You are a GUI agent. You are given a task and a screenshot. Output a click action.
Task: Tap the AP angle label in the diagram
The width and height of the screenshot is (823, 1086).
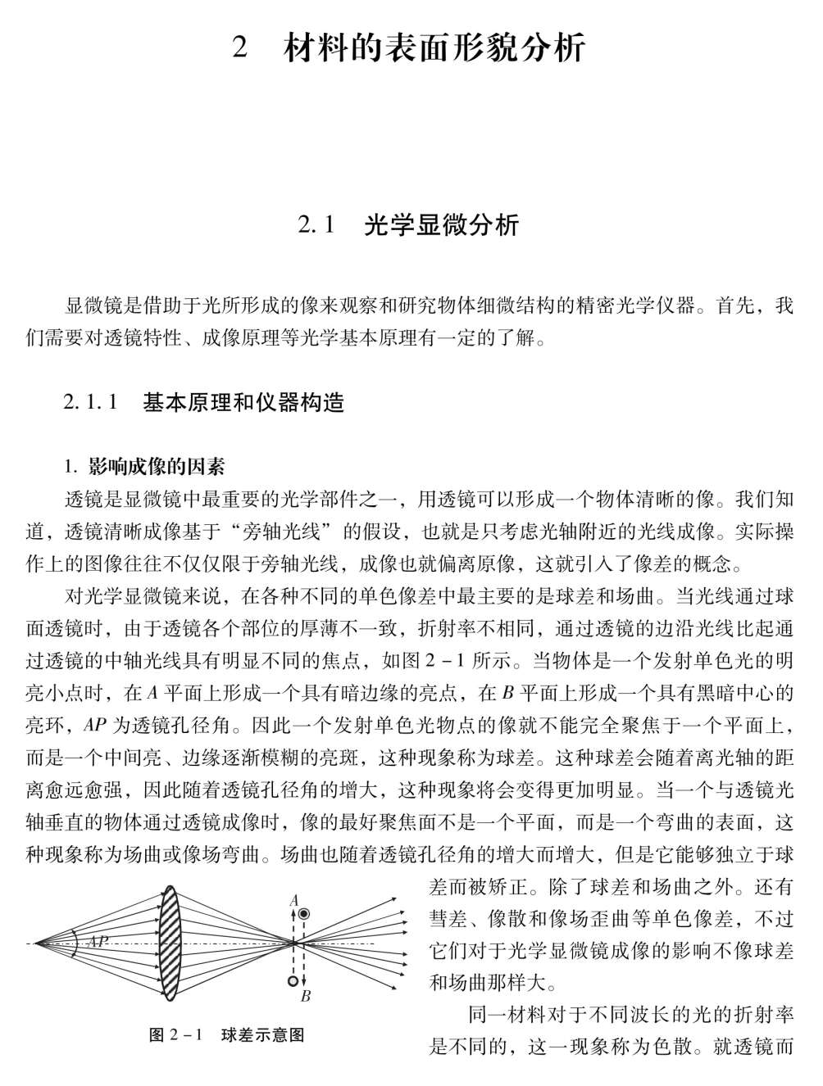click(x=98, y=942)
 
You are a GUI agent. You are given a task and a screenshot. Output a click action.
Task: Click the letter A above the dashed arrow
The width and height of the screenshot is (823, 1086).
click(x=293, y=900)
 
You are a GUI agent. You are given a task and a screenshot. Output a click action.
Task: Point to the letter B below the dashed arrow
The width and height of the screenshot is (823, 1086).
click(x=305, y=996)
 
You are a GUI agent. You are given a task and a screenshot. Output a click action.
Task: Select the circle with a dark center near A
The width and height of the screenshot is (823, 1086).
click(x=304, y=914)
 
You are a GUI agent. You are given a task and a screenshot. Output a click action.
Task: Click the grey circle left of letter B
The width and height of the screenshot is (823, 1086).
click(x=292, y=980)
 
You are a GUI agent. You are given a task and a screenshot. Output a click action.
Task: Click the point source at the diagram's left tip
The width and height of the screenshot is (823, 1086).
click(x=35, y=943)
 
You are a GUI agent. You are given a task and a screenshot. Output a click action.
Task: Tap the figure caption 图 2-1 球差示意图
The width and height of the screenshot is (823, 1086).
click(x=227, y=1035)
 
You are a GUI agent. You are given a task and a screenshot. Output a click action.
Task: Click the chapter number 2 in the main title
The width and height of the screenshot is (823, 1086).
click(x=239, y=48)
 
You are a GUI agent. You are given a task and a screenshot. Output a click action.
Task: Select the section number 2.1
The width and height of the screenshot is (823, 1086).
click(x=317, y=225)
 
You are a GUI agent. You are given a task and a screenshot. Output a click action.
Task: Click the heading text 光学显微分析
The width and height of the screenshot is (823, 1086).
click(x=441, y=225)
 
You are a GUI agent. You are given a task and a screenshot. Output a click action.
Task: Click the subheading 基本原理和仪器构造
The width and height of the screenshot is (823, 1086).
click(x=243, y=402)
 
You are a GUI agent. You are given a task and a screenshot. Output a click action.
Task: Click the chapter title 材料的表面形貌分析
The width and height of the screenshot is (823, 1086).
click(x=434, y=48)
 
